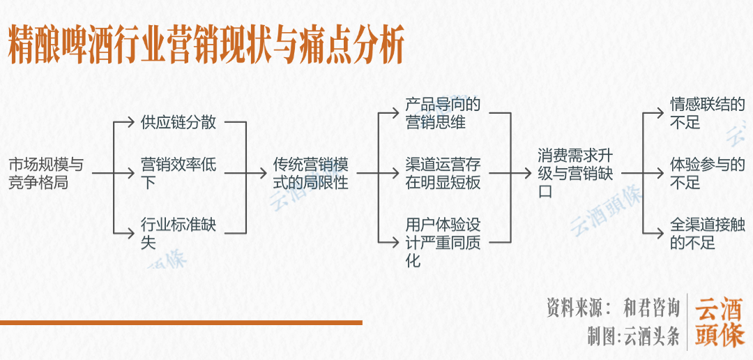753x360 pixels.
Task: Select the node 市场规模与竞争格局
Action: [x=45, y=174]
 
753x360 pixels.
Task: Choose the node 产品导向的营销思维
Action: [x=443, y=113]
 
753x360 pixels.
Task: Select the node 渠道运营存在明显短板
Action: [x=443, y=174]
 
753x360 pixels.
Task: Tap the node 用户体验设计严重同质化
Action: [x=443, y=243]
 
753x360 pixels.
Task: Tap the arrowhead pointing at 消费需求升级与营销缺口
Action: [x=528, y=174]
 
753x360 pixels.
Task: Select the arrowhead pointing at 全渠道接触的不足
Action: [x=660, y=233]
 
